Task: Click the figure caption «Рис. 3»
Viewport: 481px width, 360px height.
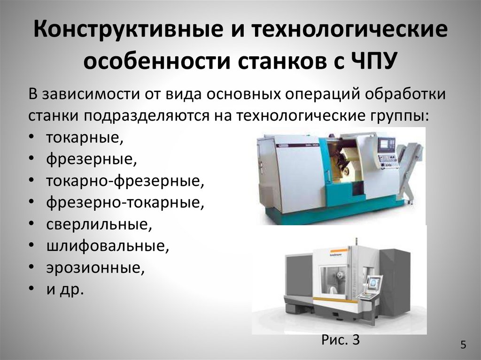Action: [x=341, y=340]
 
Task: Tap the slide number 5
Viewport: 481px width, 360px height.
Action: [x=463, y=345]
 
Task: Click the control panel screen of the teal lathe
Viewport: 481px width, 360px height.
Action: [x=387, y=144]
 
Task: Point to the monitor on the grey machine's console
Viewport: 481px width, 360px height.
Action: [x=374, y=283]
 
